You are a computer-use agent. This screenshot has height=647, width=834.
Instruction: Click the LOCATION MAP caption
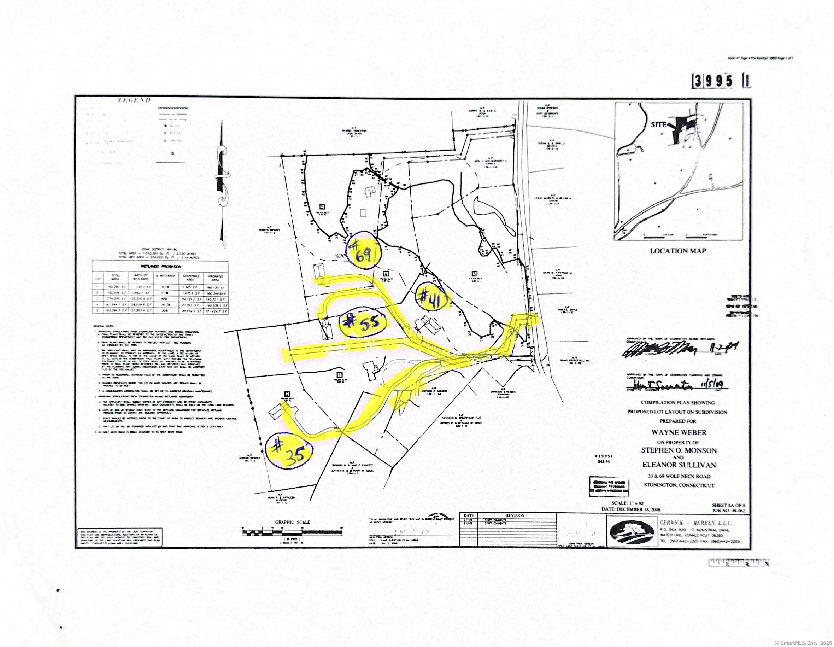[x=678, y=251]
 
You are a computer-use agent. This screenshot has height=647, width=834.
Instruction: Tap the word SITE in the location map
[x=659, y=124]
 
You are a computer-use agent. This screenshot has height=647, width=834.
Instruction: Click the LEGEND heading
[x=134, y=100]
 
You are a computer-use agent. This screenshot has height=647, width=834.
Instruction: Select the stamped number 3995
[x=714, y=81]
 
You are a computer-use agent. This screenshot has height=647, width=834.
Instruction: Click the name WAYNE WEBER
[x=678, y=432]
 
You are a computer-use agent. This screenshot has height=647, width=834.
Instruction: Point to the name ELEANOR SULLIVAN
[x=679, y=465]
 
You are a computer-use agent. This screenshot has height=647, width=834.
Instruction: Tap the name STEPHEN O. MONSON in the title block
[x=679, y=450]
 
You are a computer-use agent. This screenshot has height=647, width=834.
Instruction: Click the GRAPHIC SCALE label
[x=293, y=522]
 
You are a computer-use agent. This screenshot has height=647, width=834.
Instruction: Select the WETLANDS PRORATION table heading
[x=161, y=266]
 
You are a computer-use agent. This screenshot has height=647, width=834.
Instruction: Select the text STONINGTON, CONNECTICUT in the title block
[x=679, y=485]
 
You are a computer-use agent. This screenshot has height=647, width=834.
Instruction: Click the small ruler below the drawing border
[x=739, y=563]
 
